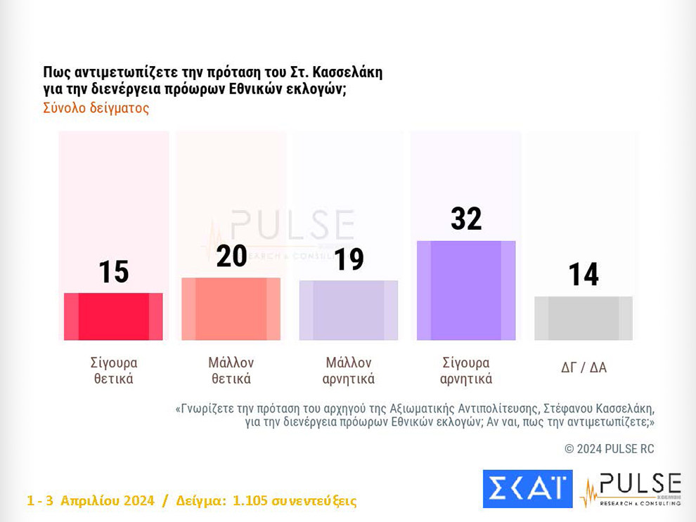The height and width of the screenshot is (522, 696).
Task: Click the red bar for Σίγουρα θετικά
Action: [113, 316]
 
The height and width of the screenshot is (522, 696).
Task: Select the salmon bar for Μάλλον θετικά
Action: [231, 309]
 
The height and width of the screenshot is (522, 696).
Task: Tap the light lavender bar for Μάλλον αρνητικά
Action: [349, 311]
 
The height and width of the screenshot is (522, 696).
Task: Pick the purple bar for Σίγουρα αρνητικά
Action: [466, 291]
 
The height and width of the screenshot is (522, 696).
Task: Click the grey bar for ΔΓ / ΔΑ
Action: [584, 318]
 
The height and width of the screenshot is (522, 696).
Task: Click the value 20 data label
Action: [231, 256]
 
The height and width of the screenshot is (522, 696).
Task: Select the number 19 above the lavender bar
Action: [349, 260]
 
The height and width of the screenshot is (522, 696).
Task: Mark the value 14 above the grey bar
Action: [584, 275]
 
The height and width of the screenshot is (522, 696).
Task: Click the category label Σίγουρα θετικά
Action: [113, 371]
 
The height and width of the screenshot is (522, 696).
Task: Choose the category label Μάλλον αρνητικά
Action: [349, 371]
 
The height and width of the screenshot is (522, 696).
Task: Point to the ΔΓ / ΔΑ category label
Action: [584, 367]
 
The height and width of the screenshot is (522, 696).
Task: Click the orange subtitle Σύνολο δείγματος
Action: [96, 109]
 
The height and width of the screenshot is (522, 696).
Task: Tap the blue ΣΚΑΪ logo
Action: [527, 489]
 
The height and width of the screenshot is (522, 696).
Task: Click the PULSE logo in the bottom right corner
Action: [631, 489]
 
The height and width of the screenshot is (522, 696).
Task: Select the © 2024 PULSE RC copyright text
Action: [609, 448]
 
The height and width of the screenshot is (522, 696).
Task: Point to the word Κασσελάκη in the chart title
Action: [347, 72]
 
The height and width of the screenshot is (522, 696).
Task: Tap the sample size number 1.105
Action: [252, 501]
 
